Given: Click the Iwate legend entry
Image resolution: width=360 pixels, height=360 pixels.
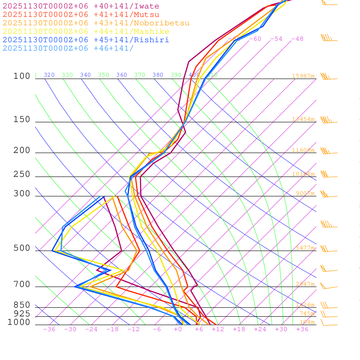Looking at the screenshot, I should [x=81, y=6].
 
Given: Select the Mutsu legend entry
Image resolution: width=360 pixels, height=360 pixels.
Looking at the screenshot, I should [x=81, y=15].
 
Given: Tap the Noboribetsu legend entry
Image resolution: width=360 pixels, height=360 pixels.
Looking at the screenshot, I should [x=96, y=23].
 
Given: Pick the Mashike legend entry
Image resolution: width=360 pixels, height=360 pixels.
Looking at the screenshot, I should [x=86, y=32].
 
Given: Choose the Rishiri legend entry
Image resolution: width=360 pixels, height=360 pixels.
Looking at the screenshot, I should [x=86, y=40].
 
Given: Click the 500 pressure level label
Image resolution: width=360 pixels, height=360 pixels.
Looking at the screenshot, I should [x=22, y=248].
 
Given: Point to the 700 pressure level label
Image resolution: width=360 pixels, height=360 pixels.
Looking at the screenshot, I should [x=22, y=284].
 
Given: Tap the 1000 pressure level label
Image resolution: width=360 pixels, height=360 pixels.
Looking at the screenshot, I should [x=19, y=322].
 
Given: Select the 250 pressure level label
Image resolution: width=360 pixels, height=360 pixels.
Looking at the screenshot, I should [x=22, y=174].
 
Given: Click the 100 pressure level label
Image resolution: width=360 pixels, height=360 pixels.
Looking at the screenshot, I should [x=22, y=76].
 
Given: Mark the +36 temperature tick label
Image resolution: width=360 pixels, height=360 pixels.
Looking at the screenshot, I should [x=302, y=329].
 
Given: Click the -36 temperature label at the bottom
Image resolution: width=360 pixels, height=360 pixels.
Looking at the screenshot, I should [x=49, y=329].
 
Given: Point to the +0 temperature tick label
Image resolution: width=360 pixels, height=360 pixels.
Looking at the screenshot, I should [x=178, y=329].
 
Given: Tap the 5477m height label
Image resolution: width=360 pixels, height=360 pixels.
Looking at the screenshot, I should [x=305, y=248].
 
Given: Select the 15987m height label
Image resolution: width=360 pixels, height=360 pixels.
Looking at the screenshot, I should [x=303, y=76].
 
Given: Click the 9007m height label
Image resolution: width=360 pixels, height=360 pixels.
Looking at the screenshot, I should [x=305, y=193].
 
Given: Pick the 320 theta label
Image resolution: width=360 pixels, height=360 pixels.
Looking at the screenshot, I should [x=49, y=75].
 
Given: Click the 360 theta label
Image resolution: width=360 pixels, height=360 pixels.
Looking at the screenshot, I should [x=122, y=75].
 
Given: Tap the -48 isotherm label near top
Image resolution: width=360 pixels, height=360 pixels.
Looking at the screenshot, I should [x=297, y=39].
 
